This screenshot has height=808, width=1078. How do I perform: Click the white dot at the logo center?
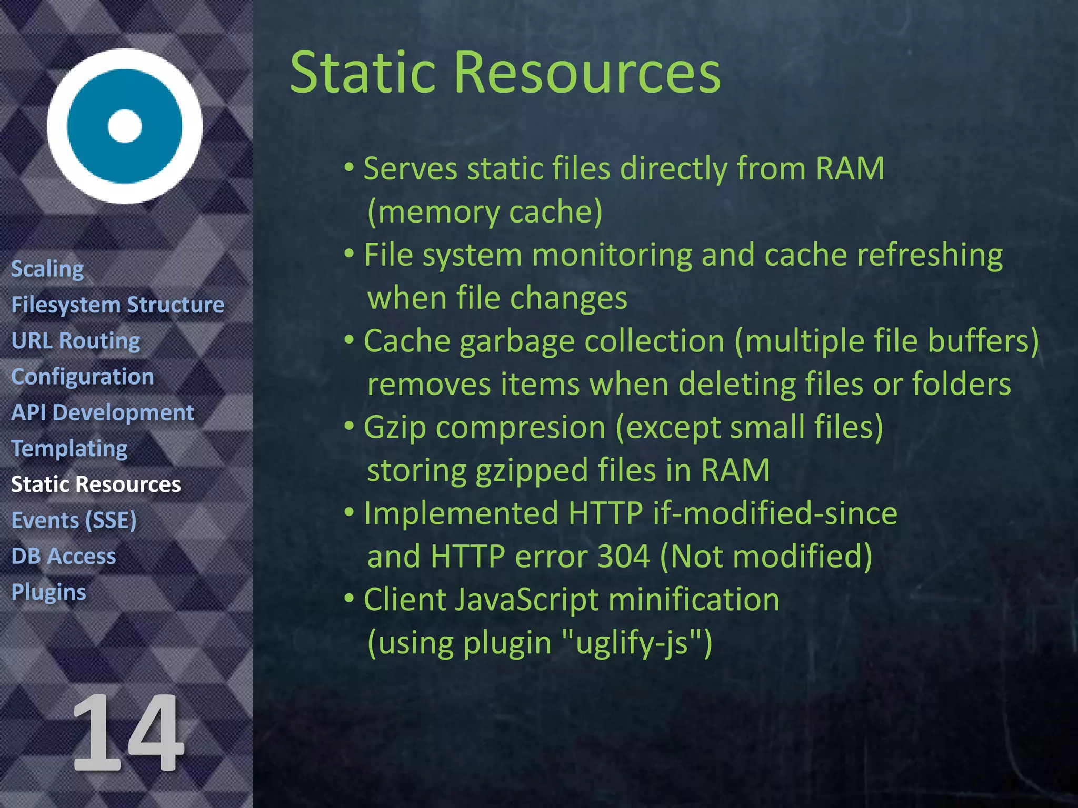click(x=125, y=126)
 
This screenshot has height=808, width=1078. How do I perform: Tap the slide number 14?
click(x=128, y=733)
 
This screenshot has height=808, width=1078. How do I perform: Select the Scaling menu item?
click(x=47, y=269)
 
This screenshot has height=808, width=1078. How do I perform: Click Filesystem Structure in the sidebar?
click(x=117, y=305)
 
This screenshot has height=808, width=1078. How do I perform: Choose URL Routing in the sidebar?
click(x=76, y=340)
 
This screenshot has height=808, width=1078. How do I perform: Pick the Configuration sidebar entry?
click(x=83, y=377)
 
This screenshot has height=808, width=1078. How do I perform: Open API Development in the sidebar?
click(x=103, y=412)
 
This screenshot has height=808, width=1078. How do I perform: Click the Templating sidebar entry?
click(x=69, y=448)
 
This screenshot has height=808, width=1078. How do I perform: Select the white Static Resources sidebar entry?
click(x=96, y=484)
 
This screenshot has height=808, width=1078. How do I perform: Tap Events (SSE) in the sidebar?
click(x=74, y=520)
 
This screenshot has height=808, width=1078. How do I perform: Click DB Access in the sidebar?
click(x=64, y=556)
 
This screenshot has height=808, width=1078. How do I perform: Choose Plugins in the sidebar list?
click(x=48, y=592)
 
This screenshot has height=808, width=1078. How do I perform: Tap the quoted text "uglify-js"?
click(x=631, y=642)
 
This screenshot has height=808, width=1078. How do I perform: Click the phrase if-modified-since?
click(x=775, y=513)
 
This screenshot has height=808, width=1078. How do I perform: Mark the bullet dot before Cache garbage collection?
click(x=349, y=340)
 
